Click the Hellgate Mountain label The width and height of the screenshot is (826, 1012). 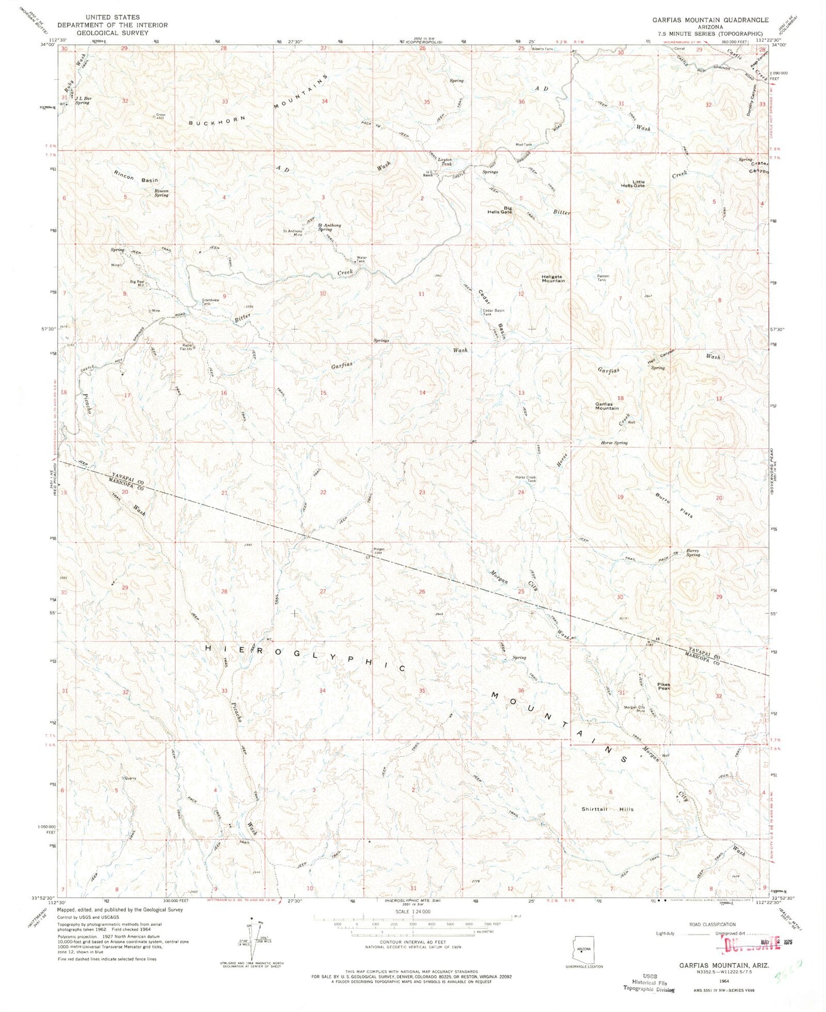(553, 279)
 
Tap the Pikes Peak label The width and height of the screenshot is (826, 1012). (648, 686)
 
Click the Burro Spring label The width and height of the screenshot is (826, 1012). (693, 553)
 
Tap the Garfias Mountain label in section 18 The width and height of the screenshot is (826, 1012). (606, 406)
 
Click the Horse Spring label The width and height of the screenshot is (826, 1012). (614, 443)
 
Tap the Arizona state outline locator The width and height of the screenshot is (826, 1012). (582, 950)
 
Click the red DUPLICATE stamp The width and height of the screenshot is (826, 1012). (752, 943)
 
